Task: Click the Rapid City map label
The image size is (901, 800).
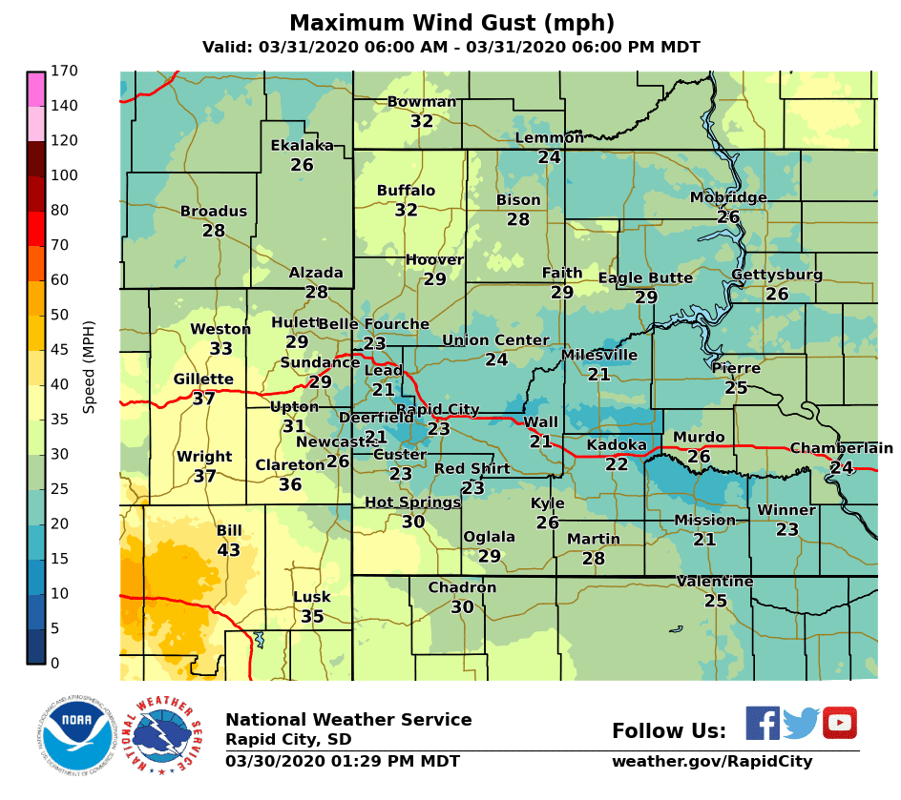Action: coord(437,410)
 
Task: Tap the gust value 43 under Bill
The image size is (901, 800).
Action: coord(229,550)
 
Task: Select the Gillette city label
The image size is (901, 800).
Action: coord(203,379)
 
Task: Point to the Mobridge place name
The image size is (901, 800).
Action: coord(728,197)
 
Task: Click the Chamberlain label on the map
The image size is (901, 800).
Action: coord(841,448)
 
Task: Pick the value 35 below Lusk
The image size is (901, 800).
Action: coord(312,616)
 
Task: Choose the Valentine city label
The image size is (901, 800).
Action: coord(715,582)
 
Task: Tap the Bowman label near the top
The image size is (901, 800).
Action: coord(422,102)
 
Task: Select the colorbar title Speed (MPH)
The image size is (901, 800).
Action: coord(89,367)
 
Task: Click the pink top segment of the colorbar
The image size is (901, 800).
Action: coord(35,89)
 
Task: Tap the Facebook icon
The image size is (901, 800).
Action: coord(762,723)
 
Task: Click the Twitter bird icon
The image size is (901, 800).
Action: coord(801,723)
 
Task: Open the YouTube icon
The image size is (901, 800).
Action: coord(839,723)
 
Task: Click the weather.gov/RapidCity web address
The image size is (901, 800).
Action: coord(712,761)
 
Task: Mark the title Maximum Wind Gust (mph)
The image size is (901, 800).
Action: coord(451,23)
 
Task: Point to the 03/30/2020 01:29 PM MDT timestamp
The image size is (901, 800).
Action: coord(343,761)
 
